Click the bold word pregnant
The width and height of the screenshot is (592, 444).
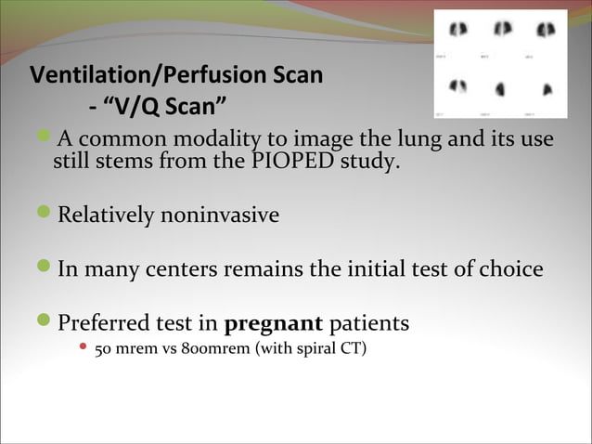pyautogui.click(x=274, y=324)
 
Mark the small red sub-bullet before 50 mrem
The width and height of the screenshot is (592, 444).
pyautogui.click(x=84, y=352)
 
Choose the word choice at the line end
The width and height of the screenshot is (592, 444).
pyautogui.click(x=509, y=270)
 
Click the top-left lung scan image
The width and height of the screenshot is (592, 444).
pyautogui.click(x=458, y=32)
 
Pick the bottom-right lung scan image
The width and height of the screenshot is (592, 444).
pyautogui.click(x=546, y=89)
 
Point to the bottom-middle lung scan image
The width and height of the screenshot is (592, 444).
pyautogui.click(x=502, y=89)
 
